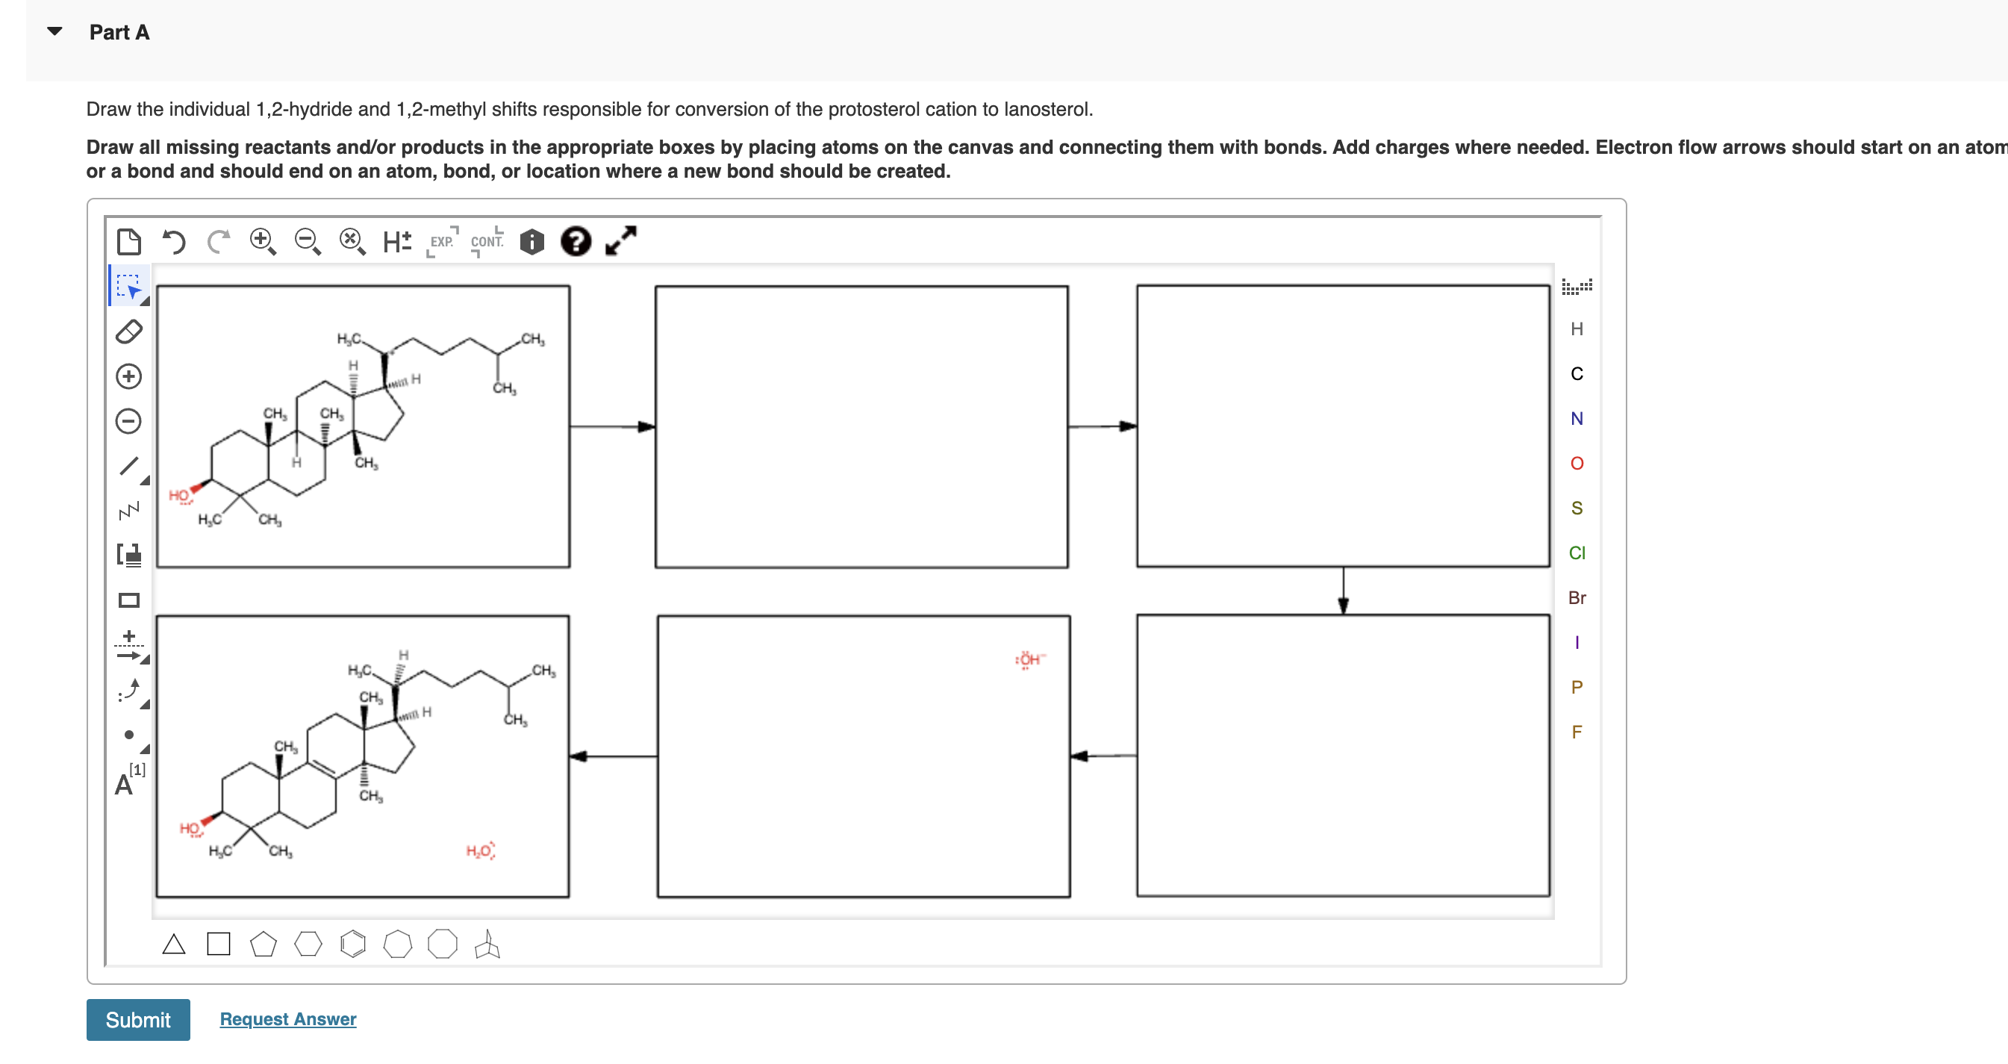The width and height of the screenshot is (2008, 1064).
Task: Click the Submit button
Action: (138, 1018)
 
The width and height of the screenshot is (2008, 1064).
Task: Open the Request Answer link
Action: (287, 1018)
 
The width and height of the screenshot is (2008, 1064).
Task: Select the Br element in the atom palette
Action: (1576, 598)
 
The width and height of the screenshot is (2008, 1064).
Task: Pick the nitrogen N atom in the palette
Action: (1576, 419)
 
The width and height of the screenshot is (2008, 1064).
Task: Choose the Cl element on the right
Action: (1576, 553)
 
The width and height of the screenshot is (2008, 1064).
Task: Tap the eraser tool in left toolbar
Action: (128, 332)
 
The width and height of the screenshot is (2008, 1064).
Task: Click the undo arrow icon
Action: (174, 242)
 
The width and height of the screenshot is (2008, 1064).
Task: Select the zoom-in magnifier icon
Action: (263, 242)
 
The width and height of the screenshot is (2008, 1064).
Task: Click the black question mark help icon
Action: (576, 242)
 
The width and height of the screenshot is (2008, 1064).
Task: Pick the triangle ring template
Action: (174, 945)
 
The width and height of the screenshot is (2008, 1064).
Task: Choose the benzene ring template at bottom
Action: (353, 945)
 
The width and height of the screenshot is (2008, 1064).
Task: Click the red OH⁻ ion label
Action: (1029, 660)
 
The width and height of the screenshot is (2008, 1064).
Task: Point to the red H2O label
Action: (479, 850)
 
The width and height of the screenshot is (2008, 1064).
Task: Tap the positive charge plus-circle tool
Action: (128, 376)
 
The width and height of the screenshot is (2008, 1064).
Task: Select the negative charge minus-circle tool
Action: (128, 422)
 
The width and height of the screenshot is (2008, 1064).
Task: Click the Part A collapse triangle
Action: (54, 32)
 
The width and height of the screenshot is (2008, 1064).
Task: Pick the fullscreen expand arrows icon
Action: (621, 241)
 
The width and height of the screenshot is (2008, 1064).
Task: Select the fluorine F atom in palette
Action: (1576, 732)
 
